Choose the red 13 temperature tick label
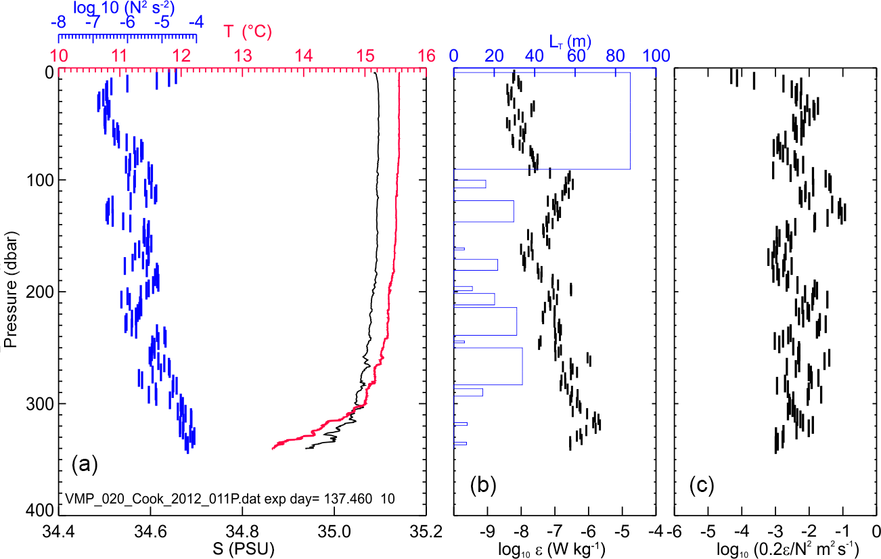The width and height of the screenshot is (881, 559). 242,55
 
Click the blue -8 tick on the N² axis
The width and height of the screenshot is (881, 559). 58,22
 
